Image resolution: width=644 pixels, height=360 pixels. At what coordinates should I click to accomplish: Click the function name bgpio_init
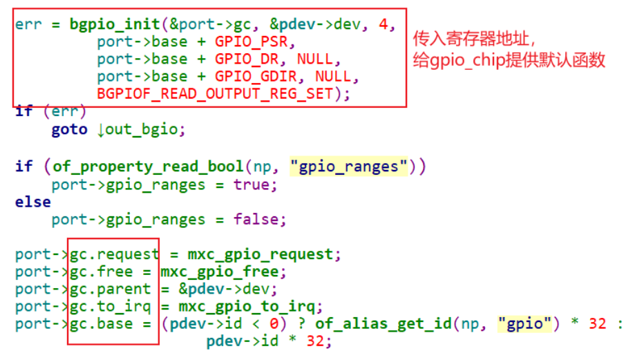[115, 24]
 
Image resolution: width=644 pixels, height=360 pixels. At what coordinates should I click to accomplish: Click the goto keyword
[69, 129]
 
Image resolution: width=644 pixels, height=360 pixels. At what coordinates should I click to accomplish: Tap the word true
[254, 184]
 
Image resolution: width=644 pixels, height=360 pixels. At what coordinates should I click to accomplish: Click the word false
[259, 220]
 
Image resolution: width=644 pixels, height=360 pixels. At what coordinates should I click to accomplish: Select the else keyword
[32, 202]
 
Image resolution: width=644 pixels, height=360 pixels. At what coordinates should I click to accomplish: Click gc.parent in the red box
[110, 289]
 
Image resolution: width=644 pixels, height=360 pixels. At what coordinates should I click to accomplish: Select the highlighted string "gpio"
[525, 323]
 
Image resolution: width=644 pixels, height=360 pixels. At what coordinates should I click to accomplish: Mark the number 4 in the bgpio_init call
[383, 24]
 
